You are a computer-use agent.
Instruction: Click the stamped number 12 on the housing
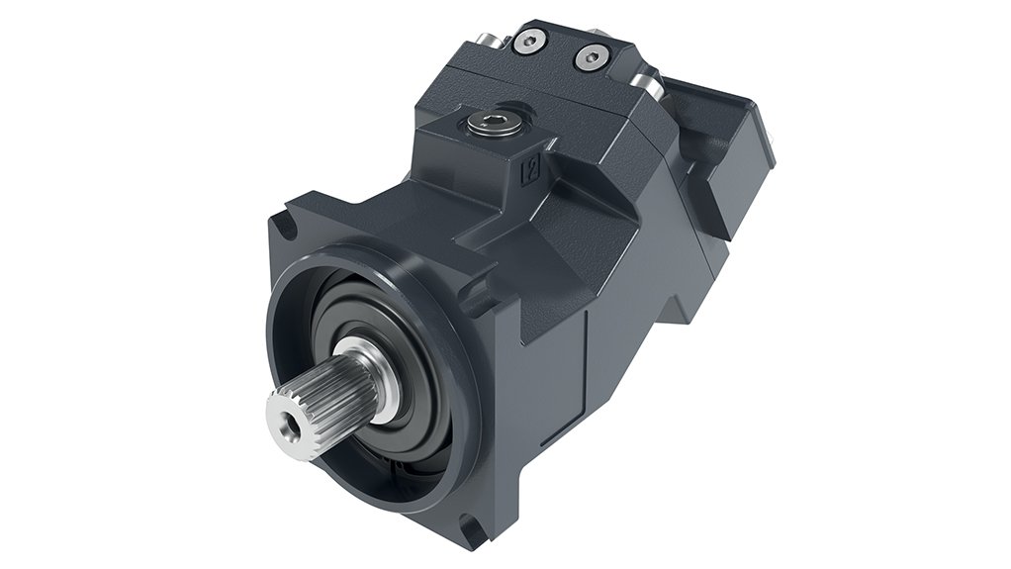pos(529,169)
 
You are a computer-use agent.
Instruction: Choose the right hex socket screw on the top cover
pos(593,57)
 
